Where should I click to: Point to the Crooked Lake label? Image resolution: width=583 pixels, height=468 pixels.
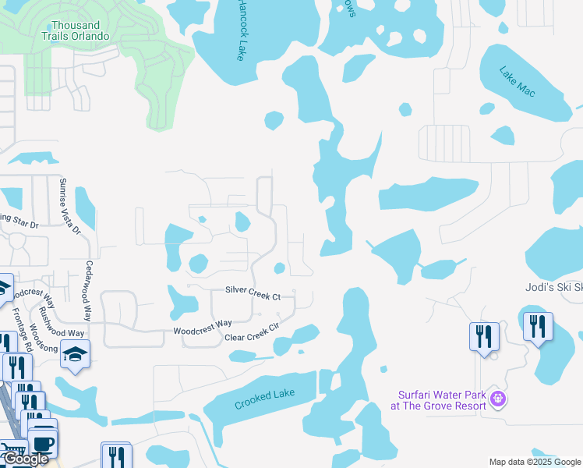click(265, 400)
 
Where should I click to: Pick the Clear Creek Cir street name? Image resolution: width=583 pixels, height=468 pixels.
click(251, 331)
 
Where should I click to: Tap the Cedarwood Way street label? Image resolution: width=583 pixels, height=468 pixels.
click(89, 290)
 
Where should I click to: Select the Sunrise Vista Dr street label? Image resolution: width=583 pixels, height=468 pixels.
click(69, 206)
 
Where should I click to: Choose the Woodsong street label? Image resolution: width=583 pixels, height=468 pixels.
click(38, 339)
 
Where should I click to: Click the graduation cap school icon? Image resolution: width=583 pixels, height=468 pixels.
click(75, 354)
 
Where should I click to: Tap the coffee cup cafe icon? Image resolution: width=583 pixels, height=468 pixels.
click(44, 444)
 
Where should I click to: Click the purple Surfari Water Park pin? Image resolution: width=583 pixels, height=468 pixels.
click(499, 400)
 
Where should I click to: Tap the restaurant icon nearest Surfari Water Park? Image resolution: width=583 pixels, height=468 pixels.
click(484, 337)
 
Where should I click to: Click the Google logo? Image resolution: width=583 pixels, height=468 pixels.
click(26, 459)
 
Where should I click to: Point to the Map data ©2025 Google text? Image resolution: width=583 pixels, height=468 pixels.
click(535, 462)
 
